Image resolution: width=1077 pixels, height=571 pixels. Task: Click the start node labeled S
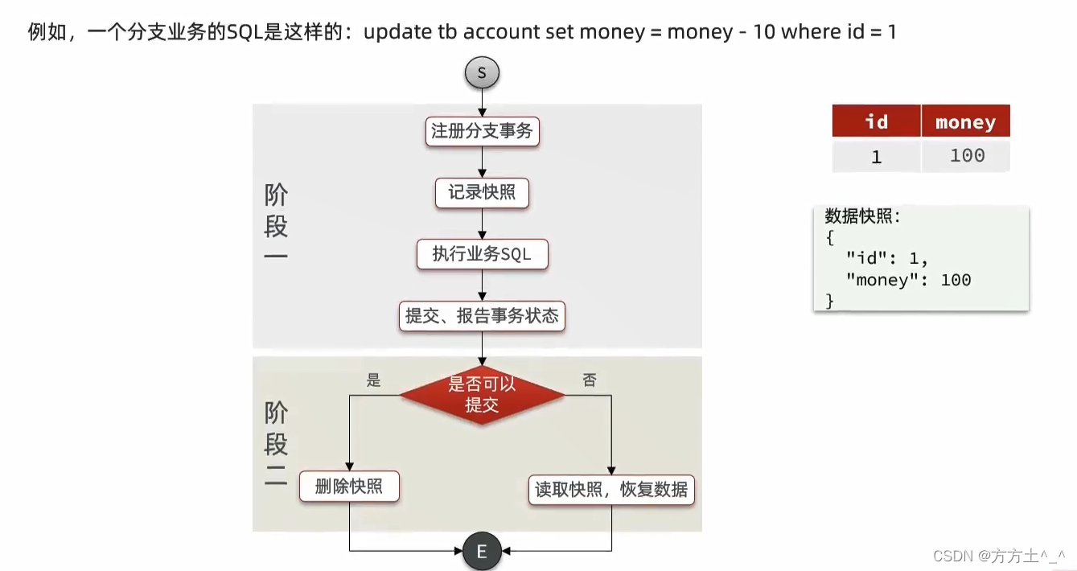[x=482, y=72]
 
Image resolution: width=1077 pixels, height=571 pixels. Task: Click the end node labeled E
[x=482, y=552]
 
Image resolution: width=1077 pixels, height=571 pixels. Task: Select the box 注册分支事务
[x=482, y=131]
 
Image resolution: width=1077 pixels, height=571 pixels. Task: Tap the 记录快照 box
[x=482, y=193]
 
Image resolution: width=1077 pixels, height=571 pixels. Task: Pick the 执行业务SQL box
[x=482, y=254]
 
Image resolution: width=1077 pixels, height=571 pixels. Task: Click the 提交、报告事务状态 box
[x=482, y=316]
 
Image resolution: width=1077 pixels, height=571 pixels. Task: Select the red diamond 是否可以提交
[x=482, y=394]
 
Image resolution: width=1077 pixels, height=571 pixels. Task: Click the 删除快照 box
[x=349, y=487]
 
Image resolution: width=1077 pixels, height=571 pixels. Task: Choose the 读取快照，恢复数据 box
[x=611, y=489]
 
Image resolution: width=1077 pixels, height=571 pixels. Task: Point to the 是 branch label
[x=373, y=380]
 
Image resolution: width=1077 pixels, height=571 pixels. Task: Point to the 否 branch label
[x=590, y=380]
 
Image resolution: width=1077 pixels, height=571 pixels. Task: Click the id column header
[x=876, y=121]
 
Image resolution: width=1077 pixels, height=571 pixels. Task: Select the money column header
[x=965, y=122]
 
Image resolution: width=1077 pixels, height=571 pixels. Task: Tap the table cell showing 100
[x=966, y=155]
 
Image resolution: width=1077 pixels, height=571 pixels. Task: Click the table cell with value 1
[x=876, y=157]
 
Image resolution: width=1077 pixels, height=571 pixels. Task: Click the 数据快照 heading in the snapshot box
[x=862, y=216]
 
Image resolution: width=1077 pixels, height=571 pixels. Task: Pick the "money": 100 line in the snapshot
[x=908, y=280]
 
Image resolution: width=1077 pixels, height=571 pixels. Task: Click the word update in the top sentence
[x=397, y=32]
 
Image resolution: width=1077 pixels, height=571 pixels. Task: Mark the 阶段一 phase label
[x=276, y=225]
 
